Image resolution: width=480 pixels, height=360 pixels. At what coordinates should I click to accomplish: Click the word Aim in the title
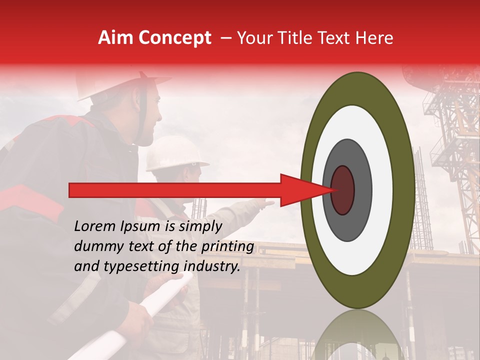[x=116, y=38]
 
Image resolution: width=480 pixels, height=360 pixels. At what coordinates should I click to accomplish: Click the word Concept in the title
[x=175, y=38]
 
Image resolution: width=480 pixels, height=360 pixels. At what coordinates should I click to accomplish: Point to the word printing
[x=227, y=247]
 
